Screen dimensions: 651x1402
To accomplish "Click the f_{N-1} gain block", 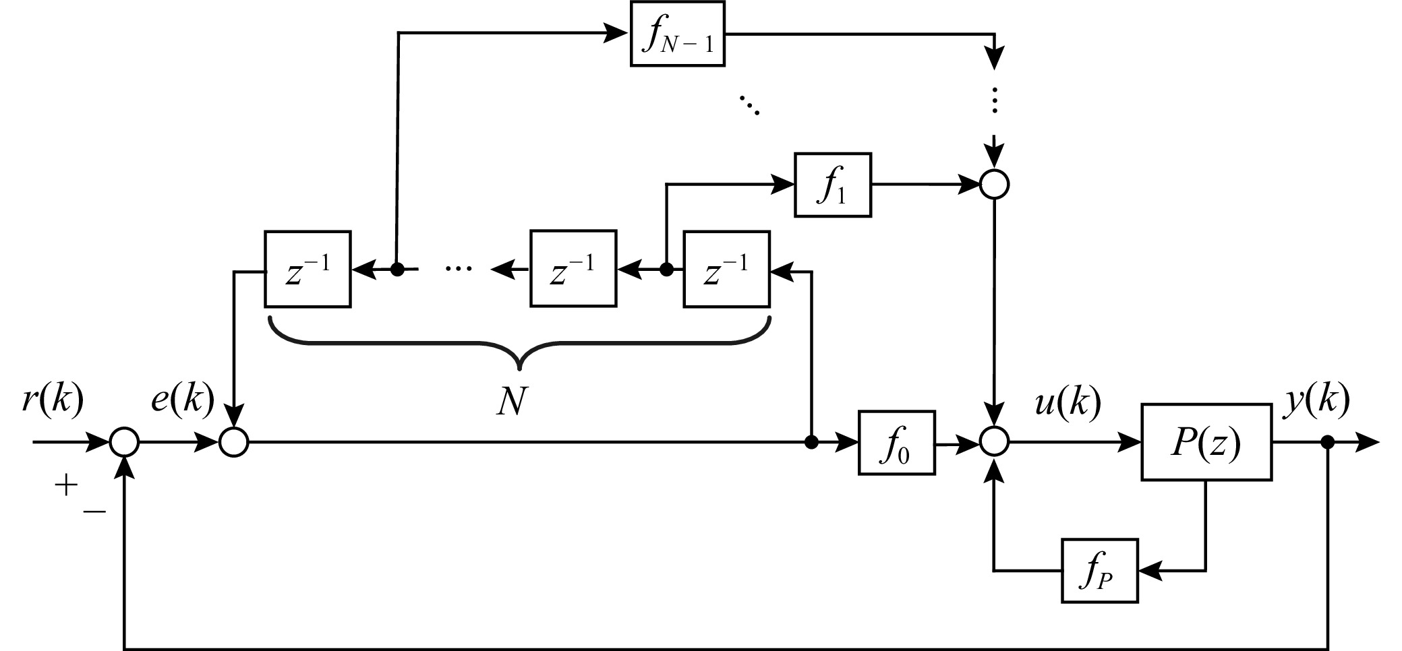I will tap(677, 34).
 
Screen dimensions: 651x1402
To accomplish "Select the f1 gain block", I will tap(833, 185).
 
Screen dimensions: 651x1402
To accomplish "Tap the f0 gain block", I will tap(896, 443).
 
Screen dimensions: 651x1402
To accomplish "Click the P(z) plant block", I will tap(1206, 442).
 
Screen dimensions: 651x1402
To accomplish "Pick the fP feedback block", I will tap(1099, 571).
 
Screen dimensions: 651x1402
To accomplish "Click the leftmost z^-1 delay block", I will tap(308, 270).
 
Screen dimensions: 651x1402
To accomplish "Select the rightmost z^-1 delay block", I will tap(726, 270).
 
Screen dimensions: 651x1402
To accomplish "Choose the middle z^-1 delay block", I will tap(573, 270).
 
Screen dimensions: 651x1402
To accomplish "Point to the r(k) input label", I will tap(53, 400).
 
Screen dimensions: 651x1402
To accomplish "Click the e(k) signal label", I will tap(182, 400).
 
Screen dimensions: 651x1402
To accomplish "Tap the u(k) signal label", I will tap(1068, 403).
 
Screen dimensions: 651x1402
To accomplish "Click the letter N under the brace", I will tap(510, 402).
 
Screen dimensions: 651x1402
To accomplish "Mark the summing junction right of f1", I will tap(993, 184).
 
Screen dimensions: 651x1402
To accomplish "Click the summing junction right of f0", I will tap(993, 443).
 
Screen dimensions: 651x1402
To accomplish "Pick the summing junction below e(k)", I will tap(233, 443).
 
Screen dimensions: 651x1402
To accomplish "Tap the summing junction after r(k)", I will tap(125, 443).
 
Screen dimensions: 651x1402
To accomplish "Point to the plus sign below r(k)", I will tap(66, 485).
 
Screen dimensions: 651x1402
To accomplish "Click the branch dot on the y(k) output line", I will tap(1328, 443).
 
